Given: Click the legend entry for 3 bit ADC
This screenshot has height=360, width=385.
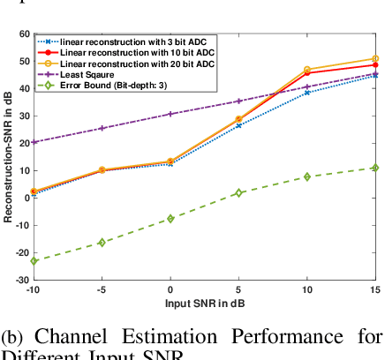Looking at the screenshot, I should coord(132,41).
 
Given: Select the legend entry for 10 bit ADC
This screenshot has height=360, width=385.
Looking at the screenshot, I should coord(132,52).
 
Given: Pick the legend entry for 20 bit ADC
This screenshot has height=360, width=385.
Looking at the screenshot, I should coord(132,64).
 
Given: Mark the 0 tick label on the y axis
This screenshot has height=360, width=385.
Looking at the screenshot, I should coord(26,198).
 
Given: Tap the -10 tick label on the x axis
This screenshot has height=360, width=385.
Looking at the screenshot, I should coord(34,290).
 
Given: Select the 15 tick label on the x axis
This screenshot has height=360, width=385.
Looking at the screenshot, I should coord(374,290).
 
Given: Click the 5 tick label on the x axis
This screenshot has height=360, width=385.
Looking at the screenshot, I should coord(238,290).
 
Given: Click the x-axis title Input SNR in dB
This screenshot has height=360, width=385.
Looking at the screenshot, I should coord(205,303).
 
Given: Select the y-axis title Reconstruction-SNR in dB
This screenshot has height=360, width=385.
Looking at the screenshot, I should coord(8,156).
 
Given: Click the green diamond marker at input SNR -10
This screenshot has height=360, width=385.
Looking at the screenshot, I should coord(34,261).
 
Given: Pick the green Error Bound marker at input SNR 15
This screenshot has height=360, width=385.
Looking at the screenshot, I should coord(375,168).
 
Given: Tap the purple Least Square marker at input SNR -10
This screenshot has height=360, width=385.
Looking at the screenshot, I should coord(34,142).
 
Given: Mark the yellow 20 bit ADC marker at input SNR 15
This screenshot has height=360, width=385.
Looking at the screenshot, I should coord(375,59).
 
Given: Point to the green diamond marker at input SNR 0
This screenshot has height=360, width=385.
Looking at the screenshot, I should coord(170,218).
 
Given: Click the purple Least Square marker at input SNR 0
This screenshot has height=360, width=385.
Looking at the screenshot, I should coord(170,114).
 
